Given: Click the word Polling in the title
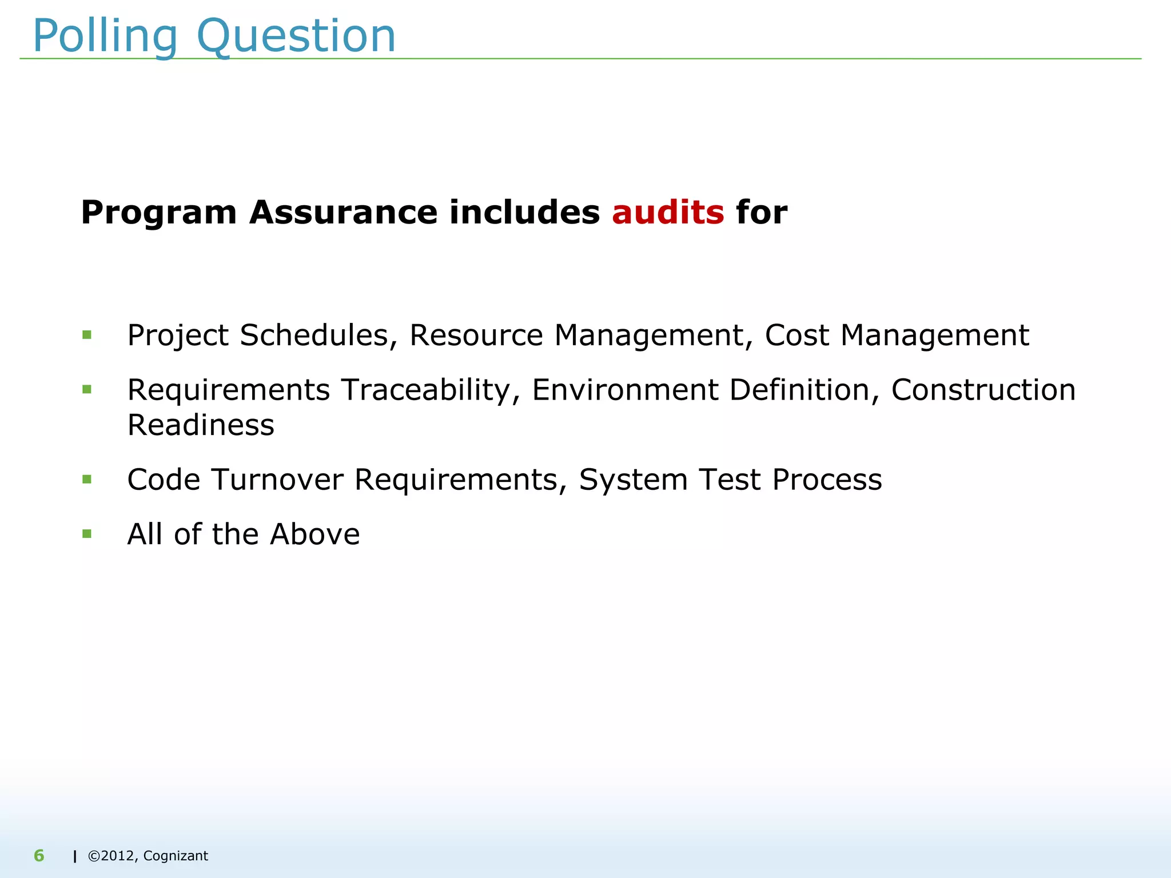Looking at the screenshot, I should click(105, 37).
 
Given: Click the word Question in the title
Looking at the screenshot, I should click(296, 37).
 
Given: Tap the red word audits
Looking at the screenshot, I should click(668, 213).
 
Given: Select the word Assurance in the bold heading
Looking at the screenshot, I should click(342, 213).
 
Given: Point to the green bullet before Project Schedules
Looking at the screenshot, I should click(87, 335).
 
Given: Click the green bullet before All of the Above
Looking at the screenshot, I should click(87, 534).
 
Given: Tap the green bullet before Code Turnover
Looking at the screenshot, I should click(87, 479).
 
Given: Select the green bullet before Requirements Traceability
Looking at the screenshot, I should click(87, 390).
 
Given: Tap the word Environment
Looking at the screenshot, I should click(625, 390).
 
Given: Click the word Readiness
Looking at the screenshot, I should click(201, 425).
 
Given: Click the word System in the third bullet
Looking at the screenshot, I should click(633, 480).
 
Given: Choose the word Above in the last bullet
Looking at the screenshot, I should click(314, 534).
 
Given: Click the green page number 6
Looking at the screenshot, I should click(39, 856).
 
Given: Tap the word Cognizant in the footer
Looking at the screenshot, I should click(176, 856).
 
